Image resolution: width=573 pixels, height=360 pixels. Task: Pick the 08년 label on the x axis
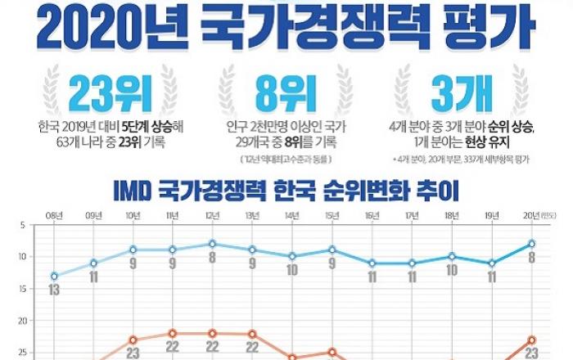pyautogui.click(x=54, y=215)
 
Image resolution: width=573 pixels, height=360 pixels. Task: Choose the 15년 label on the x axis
pyautogui.click(x=332, y=215)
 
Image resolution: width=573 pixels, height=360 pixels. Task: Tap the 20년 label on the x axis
pyautogui.click(x=530, y=215)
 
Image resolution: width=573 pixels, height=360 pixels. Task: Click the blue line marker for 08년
pyautogui.click(x=54, y=276)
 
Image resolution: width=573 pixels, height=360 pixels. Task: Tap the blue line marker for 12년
pyautogui.click(x=213, y=244)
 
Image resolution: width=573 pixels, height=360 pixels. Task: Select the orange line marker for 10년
pyautogui.click(x=133, y=340)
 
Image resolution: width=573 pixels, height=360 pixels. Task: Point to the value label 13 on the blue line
pyautogui.click(x=54, y=290)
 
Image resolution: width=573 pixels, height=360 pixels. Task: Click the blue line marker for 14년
pyautogui.click(x=292, y=256)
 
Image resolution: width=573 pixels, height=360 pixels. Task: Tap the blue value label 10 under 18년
pyautogui.click(x=451, y=271)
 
